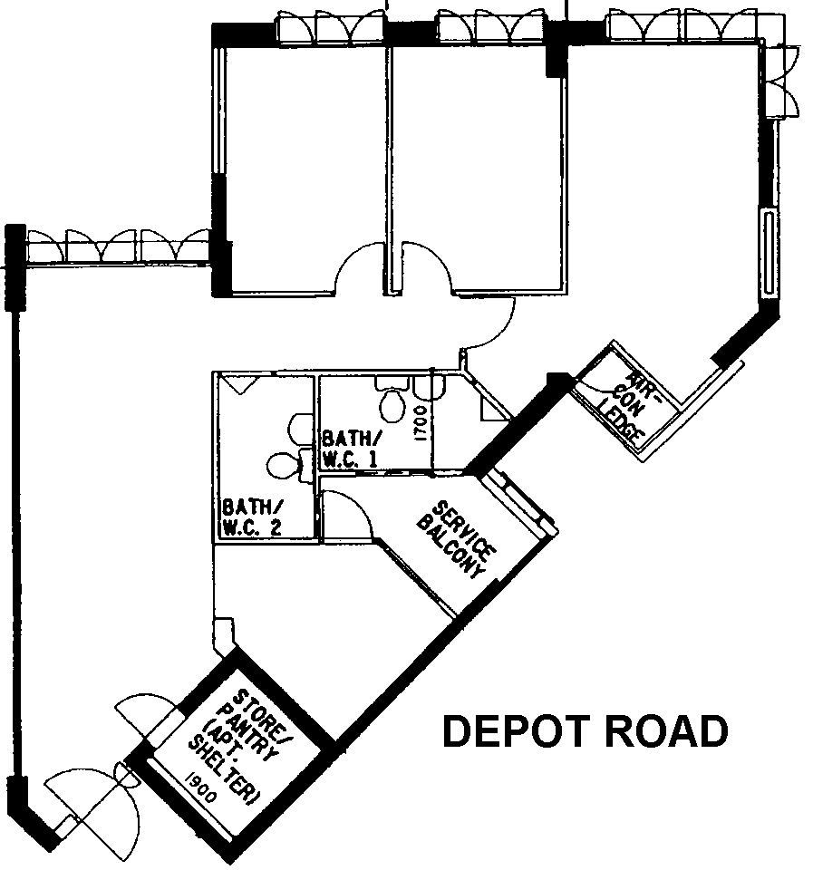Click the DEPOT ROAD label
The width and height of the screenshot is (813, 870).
[586, 731]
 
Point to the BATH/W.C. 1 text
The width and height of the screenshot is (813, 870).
[352, 449]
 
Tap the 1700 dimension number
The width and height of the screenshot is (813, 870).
[421, 423]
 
